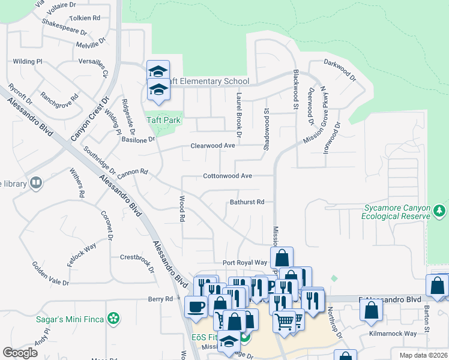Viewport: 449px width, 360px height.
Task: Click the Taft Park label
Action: [x=164, y=120]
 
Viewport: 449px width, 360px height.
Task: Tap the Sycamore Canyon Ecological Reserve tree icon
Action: [x=440, y=211]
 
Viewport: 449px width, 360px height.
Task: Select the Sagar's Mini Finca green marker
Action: [x=112, y=318]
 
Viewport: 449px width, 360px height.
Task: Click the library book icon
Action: [x=36, y=182]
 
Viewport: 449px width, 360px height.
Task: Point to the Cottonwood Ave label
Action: [x=228, y=176]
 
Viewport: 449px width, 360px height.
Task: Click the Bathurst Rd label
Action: [x=247, y=202]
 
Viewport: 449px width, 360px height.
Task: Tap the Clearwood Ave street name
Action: [x=212, y=146]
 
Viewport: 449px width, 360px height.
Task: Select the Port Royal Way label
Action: [x=244, y=263]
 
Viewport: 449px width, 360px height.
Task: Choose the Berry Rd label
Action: [x=160, y=299]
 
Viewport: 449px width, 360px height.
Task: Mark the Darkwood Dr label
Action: [x=340, y=70]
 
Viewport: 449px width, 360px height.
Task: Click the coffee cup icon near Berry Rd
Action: [x=196, y=307]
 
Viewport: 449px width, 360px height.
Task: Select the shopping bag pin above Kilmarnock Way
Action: [x=372, y=310]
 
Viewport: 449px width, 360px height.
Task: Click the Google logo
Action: [x=20, y=353]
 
